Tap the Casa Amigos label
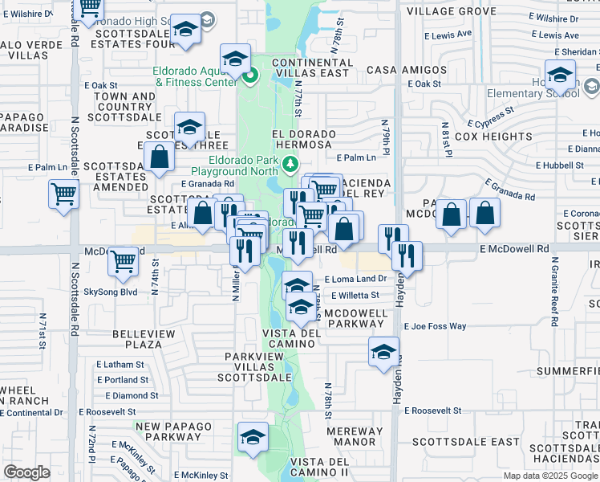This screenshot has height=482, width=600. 393,70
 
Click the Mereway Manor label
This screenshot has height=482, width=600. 356,436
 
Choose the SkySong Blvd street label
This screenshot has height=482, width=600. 111,292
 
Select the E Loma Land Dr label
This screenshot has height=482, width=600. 355,280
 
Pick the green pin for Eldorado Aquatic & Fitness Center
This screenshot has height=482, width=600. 249,78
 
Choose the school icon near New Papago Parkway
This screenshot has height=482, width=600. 253,437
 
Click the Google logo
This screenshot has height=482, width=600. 26,472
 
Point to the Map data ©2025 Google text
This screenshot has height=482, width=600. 550,476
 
